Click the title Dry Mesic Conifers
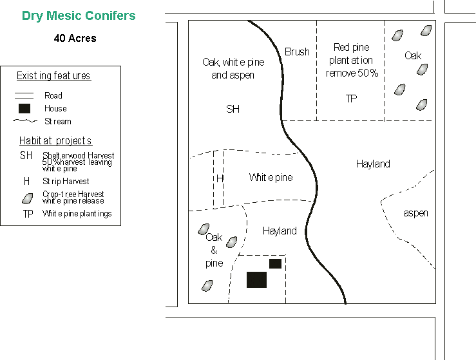(x=79, y=16)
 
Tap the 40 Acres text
(x=75, y=39)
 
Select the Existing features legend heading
(x=53, y=76)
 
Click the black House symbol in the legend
(x=24, y=108)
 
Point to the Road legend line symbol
(x=24, y=96)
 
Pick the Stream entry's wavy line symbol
(x=24, y=121)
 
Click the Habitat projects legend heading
(x=55, y=140)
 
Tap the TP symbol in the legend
(x=28, y=214)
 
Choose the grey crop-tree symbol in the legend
(x=28, y=198)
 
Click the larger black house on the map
(x=256, y=279)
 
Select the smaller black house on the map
(x=275, y=263)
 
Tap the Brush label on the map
(x=297, y=52)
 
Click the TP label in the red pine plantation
(x=351, y=99)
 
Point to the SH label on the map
(x=233, y=109)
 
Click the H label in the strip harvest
(x=220, y=178)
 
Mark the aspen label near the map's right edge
(x=415, y=213)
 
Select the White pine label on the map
(x=271, y=177)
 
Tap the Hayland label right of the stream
(x=373, y=164)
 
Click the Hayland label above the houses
(x=280, y=231)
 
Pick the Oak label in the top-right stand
(x=413, y=56)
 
